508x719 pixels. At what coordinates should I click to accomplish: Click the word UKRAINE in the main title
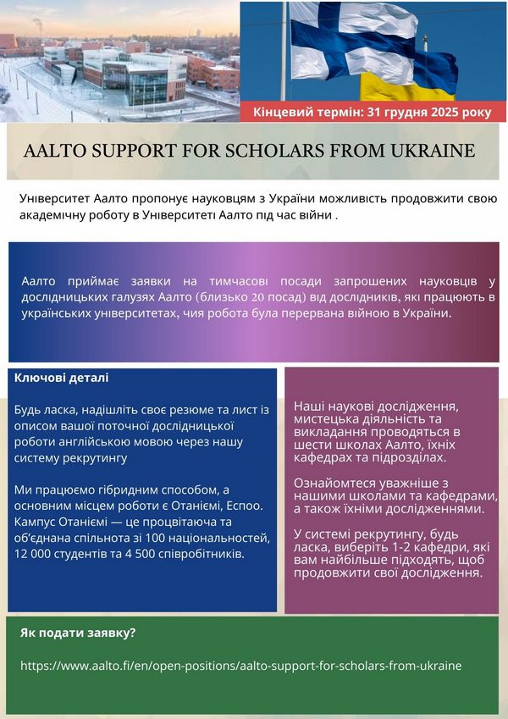[x=431, y=152]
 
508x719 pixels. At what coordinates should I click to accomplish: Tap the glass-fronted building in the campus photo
[x=135, y=76]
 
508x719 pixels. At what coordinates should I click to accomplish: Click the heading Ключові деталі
[x=61, y=378]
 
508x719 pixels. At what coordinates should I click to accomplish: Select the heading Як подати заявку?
[x=78, y=633]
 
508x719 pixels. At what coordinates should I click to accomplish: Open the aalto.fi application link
[x=241, y=666]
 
